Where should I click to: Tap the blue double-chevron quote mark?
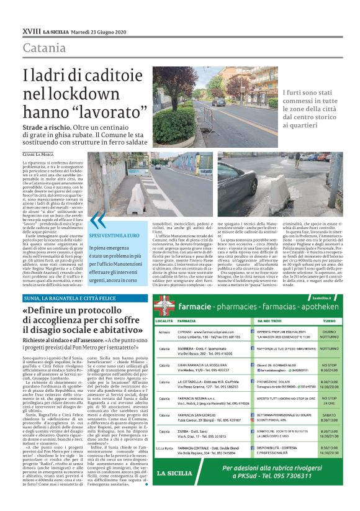[x=98, y=220]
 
